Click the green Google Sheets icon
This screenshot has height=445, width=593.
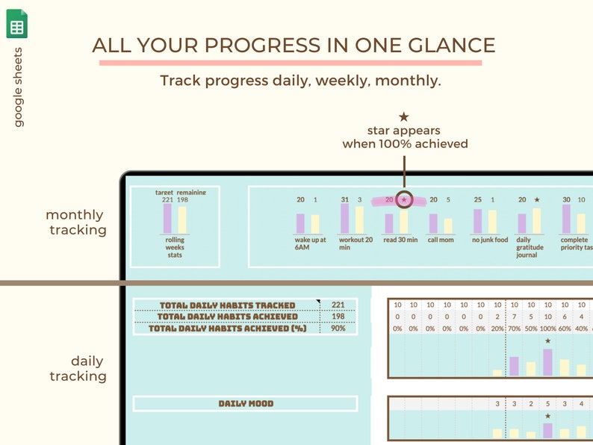pos(17,25)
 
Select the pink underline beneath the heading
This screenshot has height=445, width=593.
pos(291,63)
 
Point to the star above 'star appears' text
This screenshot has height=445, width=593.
pos(404,116)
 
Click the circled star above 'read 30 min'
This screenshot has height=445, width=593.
pos(404,200)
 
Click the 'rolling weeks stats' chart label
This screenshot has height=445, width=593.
pos(175,248)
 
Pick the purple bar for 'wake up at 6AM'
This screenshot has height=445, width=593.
pos(300,224)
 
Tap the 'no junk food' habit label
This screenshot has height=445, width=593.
pos(489,240)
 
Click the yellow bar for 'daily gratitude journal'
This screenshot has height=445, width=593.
pos(536,221)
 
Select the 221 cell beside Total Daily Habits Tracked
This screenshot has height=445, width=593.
pos(338,305)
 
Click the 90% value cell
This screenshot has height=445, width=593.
pos(338,329)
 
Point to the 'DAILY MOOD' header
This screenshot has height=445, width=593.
pos(246,404)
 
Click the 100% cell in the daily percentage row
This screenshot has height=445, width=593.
pos(547,329)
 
